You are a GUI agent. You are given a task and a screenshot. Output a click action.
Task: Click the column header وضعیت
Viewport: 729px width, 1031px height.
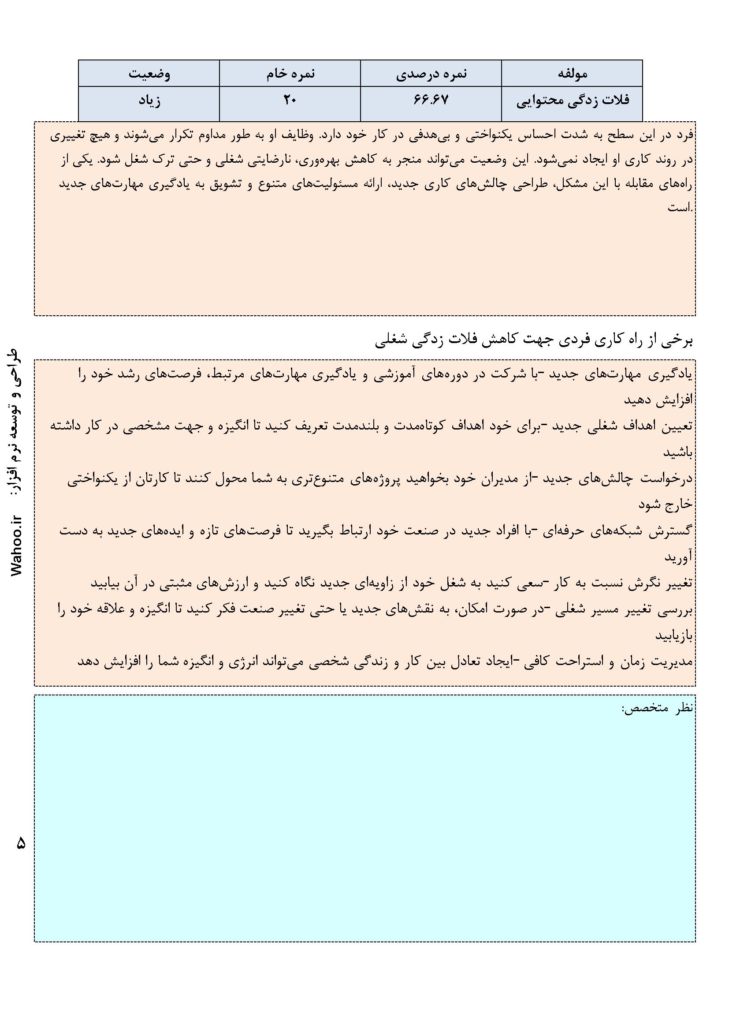pos(149,74)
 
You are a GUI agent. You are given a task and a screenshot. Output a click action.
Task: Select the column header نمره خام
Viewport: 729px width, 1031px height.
pos(290,74)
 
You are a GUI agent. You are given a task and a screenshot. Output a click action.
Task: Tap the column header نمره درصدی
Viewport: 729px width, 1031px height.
pos(431,74)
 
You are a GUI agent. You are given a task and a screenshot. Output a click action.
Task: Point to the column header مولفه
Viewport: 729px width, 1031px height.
pos(572,74)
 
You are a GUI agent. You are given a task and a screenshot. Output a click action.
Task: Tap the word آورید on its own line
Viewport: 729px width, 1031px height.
pos(679,557)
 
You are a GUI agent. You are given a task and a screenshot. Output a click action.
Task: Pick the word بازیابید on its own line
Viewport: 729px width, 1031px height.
pos(674,636)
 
